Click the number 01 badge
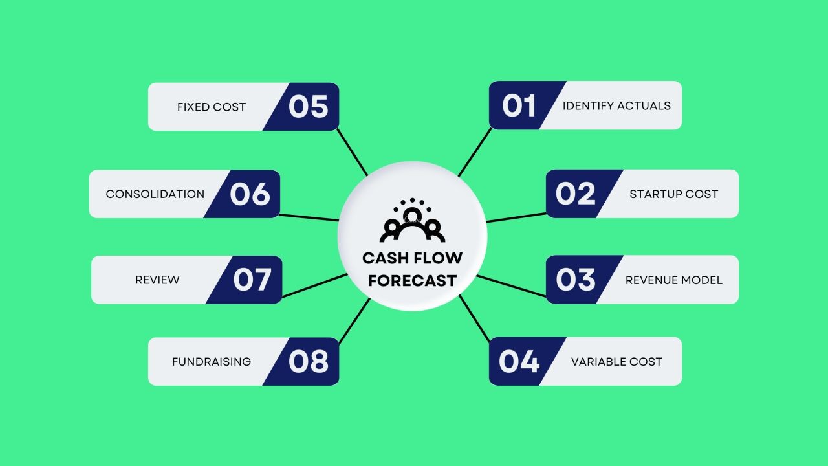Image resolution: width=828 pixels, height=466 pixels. [x=519, y=105]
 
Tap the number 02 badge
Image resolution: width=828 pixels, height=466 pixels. [x=576, y=194]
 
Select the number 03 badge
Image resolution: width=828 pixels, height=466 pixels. [x=576, y=280]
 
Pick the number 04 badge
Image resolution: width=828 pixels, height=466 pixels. [x=519, y=361]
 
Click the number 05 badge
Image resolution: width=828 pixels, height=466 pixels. [x=308, y=107]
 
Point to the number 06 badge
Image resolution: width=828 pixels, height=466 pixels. [x=250, y=194]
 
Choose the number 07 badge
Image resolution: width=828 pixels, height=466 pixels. [x=252, y=280]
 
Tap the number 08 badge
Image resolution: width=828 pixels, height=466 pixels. [x=308, y=362]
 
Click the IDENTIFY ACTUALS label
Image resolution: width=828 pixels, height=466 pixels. [x=616, y=105]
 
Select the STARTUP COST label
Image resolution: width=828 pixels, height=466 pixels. [x=673, y=194]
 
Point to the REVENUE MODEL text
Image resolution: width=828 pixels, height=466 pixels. [x=673, y=280]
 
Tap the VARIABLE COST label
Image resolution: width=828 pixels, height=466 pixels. [x=616, y=362]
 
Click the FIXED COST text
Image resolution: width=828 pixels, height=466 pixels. [x=212, y=107]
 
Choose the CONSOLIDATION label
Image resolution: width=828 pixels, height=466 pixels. [x=155, y=194]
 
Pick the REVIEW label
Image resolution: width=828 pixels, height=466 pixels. [x=157, y=280]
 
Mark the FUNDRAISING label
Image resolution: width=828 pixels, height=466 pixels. [x=212, y=362]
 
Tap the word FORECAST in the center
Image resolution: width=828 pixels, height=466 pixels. [x=412, y=281]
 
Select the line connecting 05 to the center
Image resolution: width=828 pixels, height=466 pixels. [x=352, y=152]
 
